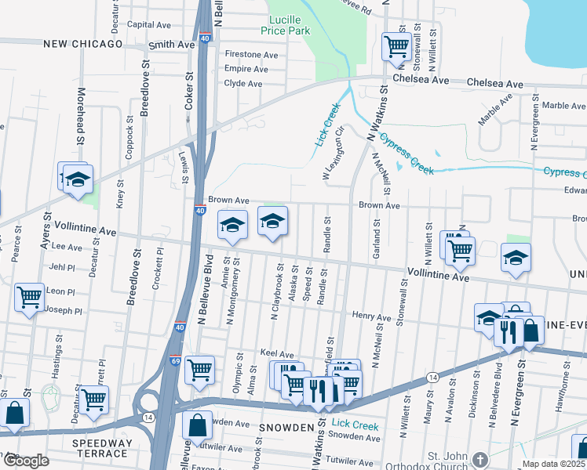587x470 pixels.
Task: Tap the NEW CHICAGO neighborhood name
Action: click(x=82, y=44)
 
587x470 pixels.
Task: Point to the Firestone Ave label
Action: click(x=251, y=55)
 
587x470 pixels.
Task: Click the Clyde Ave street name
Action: click(x=243, y=83)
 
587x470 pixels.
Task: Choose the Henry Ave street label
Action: click(x=371, y=317)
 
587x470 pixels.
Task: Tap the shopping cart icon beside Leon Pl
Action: click(x=29, y=297)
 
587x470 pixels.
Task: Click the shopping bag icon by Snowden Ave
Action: click(x=197, y=425)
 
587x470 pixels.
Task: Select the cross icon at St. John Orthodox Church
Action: click(x=481, y=457)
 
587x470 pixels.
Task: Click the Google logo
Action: click(x=25, y=461)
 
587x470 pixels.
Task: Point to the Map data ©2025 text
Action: click(x=554, y=464)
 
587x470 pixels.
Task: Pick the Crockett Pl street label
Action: click(x=159, y=269)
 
